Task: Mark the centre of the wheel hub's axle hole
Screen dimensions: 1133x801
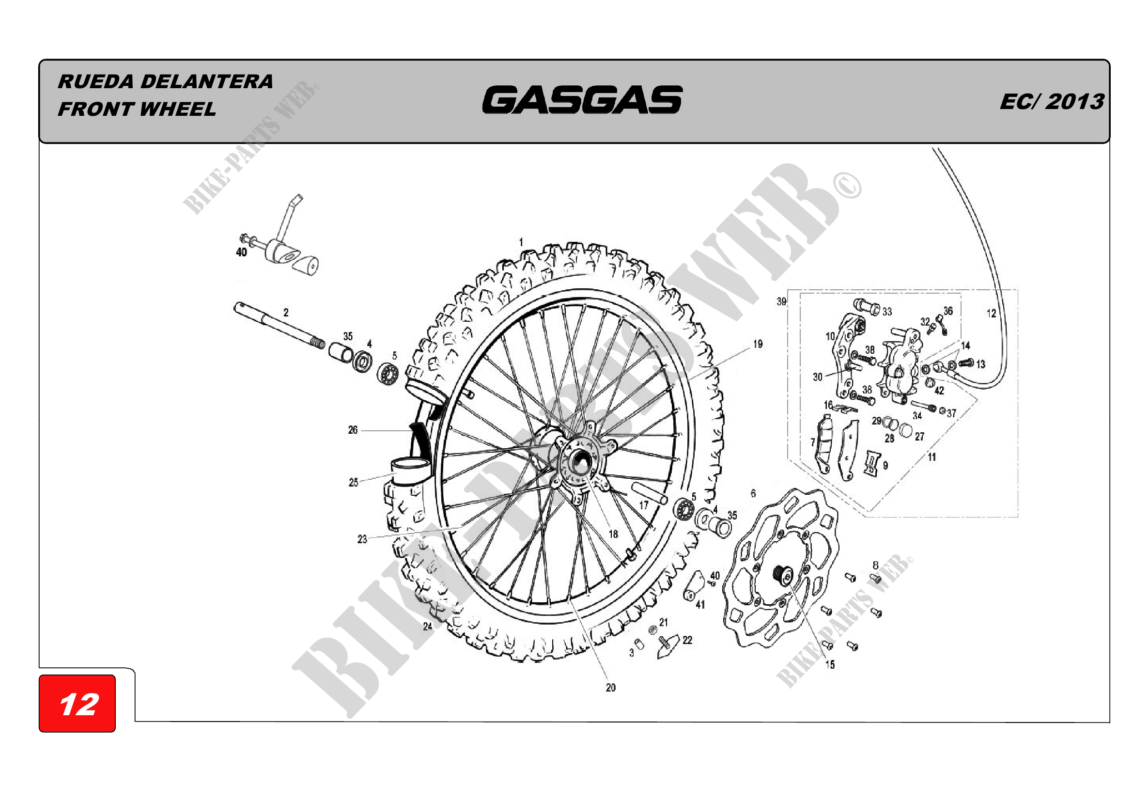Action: point(580,464)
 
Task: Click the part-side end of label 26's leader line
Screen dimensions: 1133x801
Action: point(413,431)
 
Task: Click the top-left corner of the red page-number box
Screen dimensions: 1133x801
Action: point(39,675)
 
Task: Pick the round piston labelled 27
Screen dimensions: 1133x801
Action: point(906,430)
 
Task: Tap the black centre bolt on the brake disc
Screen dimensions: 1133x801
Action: point(781,574)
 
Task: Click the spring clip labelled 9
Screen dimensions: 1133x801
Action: point(871,463)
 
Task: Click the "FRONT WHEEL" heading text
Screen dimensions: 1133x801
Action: point(137,109)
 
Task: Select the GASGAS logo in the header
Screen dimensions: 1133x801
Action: point(582,100)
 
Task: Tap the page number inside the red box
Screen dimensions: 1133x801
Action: point(79,704)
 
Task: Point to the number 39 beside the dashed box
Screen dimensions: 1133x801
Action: point(781,301)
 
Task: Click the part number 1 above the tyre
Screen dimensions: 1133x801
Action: point(521,242)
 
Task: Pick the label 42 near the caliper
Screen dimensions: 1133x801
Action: point(939,391)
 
